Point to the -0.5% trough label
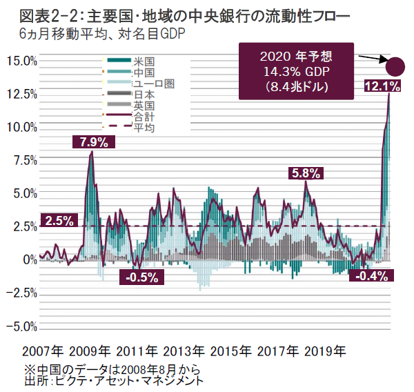[143, 277]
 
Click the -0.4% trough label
[369, 276]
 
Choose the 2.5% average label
[59, 222]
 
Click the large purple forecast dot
[396, 66]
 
